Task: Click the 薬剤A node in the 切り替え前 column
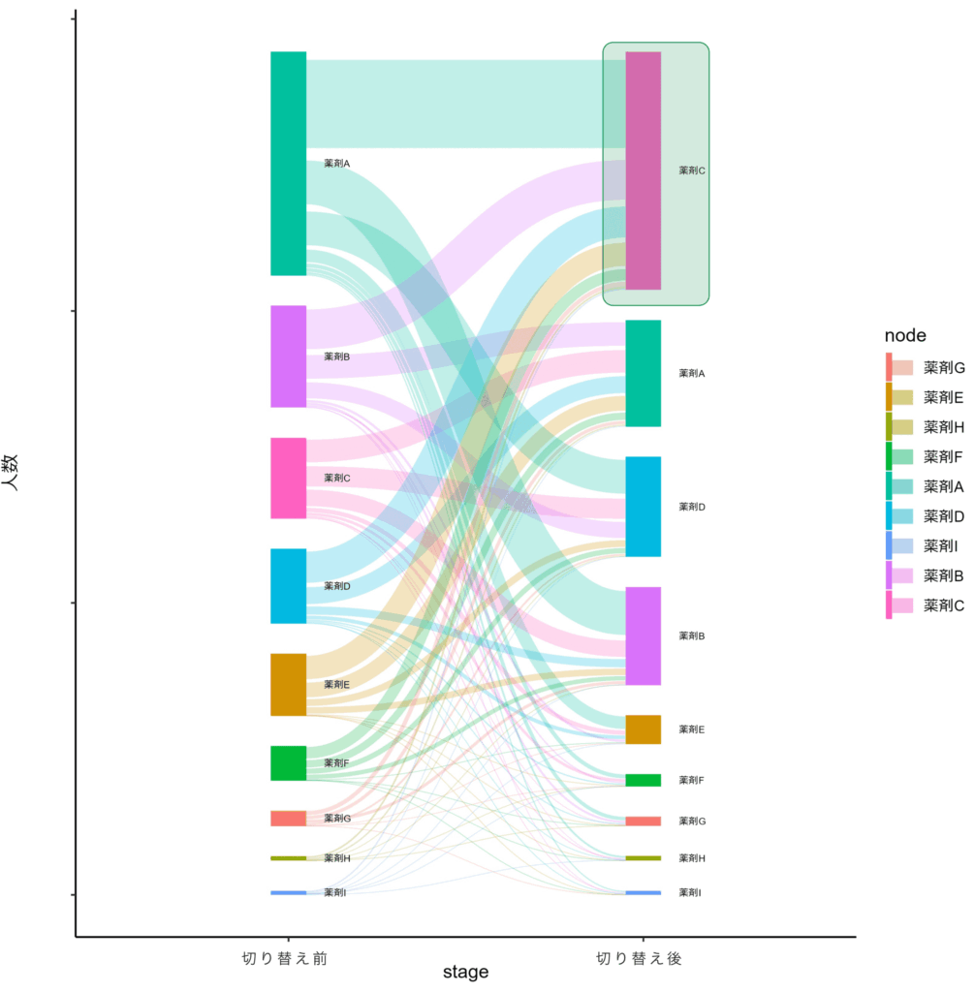pyautogui.click(x=288, y=163)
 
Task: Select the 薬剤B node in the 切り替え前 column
pyautogui.click(x=288, y=356)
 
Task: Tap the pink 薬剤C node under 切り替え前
pyautogui.click(x=288, y=478)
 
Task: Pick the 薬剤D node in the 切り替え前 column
pyautogui.click(x=288, y=585)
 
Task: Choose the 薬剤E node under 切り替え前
pyautogui.click(x=288, y=684)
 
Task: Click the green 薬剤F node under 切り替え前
pyautogui.click(x=288, y=762)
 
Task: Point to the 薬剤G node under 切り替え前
pyautogui.click(x=288, y=818)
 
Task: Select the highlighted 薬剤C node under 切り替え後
pyautogui.click(x=643, y=170)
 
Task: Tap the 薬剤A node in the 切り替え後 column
pyautogui.click(x=643, y=373)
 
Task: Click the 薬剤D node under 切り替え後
pyautogui.click(x=643, y=506)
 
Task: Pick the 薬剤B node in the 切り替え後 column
pyautogui.click(x=643, y=635)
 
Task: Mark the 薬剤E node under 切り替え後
pyautogui.click(x=643, y=728)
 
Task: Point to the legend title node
pyautogui.click(x=905, y=335)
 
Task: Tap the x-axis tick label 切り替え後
pyautogui.click(x=640, y=958)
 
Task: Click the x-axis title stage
pyautogui.click(x=465, y=972)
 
